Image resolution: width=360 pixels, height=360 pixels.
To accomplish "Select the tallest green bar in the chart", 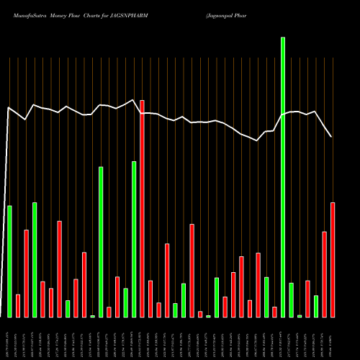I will pyautogui.click(x=283, y=176).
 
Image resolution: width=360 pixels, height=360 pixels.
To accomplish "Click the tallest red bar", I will pyautogui.click(x=142, y=208).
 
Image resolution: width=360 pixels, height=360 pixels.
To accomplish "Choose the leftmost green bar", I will pyautogui.click(x=9, y=261).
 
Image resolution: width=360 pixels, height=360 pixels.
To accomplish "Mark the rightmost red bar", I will pyautogui.click(x=333, y=259).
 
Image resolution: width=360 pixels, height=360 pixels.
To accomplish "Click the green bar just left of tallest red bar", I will pyautogui.click(x=134, y=239).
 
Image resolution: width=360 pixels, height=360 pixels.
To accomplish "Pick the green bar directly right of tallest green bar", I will pyautogui.click(x=291, y=300).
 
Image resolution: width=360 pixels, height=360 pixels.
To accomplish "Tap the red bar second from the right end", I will pyautogui.click(x=325, y=274).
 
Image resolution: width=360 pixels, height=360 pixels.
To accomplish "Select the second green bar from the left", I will pyautogui.click(x=35, y=259).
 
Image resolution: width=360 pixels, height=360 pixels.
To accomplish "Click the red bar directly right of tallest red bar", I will pyautogui.click(x=150, y=299).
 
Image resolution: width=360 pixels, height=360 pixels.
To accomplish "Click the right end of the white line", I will pyautogui.click(x=331, y=136).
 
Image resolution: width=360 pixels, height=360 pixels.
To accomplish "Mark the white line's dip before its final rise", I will pyautogui.click(x=257, y=140).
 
